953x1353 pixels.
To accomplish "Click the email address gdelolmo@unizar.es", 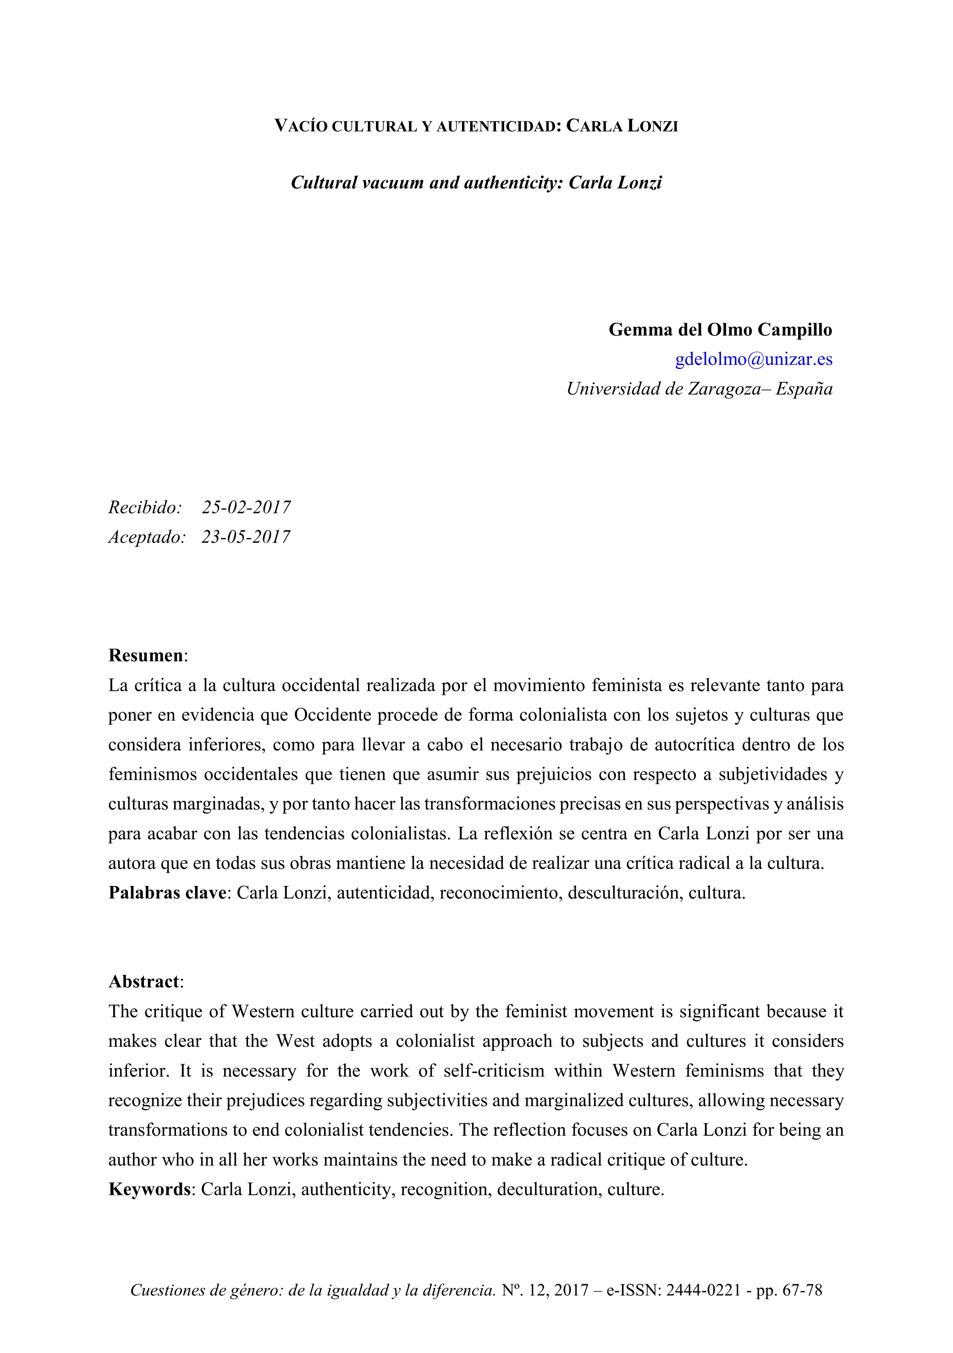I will coord(753,359).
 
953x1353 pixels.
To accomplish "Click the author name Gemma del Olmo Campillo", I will coord(720,330).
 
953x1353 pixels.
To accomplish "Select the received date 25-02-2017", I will coord(246,507).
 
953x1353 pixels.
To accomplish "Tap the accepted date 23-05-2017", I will coord(246,537).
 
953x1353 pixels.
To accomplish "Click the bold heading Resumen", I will coord(146,655).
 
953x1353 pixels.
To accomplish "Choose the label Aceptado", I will coord(147,537).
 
